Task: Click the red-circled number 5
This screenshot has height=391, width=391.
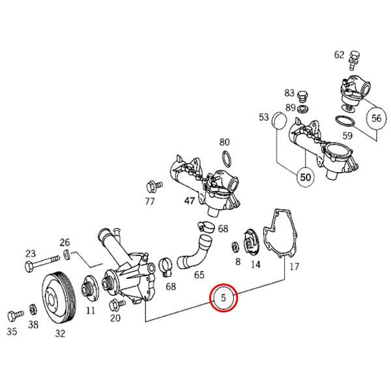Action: coord(224,298)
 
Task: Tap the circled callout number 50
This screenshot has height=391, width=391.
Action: coord(306,176)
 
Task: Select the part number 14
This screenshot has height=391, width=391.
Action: coord(255,263)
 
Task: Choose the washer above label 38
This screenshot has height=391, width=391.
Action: coord(33,309)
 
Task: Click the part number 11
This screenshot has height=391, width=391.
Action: coord(91,310)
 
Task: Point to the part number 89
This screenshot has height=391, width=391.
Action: coord(290,108)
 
